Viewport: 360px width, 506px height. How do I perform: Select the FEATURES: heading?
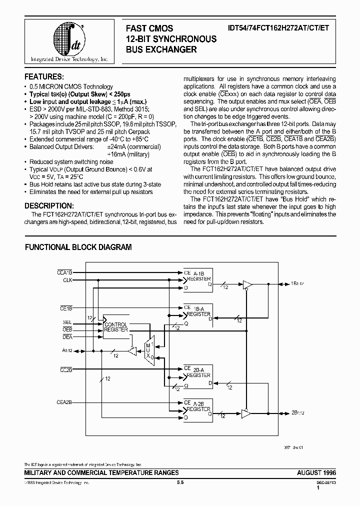pos(44,76)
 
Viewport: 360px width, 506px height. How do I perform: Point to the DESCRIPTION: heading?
pos(49,206)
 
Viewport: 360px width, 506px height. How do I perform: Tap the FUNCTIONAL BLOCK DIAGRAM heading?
pos(78,247)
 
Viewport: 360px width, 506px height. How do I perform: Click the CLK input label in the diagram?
pos(67,280)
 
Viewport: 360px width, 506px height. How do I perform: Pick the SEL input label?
pos(67,322)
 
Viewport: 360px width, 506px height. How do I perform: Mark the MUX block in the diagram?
pos(148,349)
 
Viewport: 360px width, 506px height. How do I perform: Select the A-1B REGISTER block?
pos(197,279)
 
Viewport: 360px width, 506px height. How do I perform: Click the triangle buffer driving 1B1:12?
pos(247,284)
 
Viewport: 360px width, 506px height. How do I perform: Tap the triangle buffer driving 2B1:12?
pos(246,413)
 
